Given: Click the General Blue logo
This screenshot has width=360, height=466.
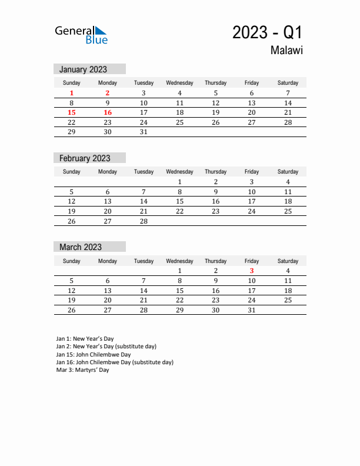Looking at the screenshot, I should [81, 35].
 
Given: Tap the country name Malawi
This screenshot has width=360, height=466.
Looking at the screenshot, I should [286, 51].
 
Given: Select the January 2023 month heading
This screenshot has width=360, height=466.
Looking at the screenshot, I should [83, 69].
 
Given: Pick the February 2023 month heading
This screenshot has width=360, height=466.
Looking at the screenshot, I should [85, 158].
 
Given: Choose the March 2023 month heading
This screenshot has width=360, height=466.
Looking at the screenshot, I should [81, 247].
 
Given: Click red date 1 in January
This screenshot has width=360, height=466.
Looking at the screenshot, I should [72, 93].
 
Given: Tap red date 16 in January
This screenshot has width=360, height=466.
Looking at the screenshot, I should [108, 112].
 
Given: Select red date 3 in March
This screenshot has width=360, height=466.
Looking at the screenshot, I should [252, 271].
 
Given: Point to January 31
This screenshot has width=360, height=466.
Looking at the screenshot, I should [144, 132].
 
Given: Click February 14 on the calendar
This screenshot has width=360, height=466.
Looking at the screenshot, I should [144, 201].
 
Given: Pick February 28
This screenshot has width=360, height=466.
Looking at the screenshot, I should [144, 221].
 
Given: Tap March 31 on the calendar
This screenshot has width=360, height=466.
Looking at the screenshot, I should [252, 310].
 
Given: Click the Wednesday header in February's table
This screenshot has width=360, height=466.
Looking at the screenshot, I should [179, 172].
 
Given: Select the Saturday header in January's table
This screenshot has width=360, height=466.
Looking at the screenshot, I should [288, 83].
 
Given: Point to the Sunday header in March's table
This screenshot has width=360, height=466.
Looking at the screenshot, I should [72, 261].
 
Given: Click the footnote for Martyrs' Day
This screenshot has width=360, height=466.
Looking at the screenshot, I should [83, 370].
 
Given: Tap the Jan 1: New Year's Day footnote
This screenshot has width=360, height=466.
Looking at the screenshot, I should [85, 339].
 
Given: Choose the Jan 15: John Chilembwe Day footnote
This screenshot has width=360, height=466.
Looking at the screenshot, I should [94, 355].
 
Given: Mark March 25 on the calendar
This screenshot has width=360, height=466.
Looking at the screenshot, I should [288, 300].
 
